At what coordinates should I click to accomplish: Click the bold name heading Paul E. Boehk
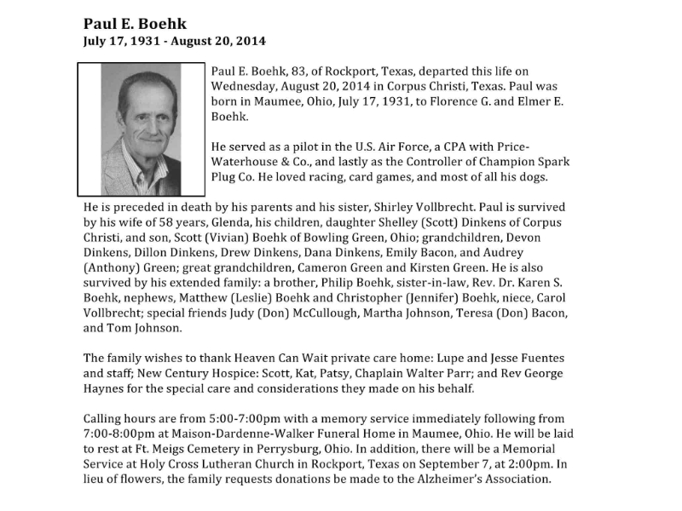point(135,23)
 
